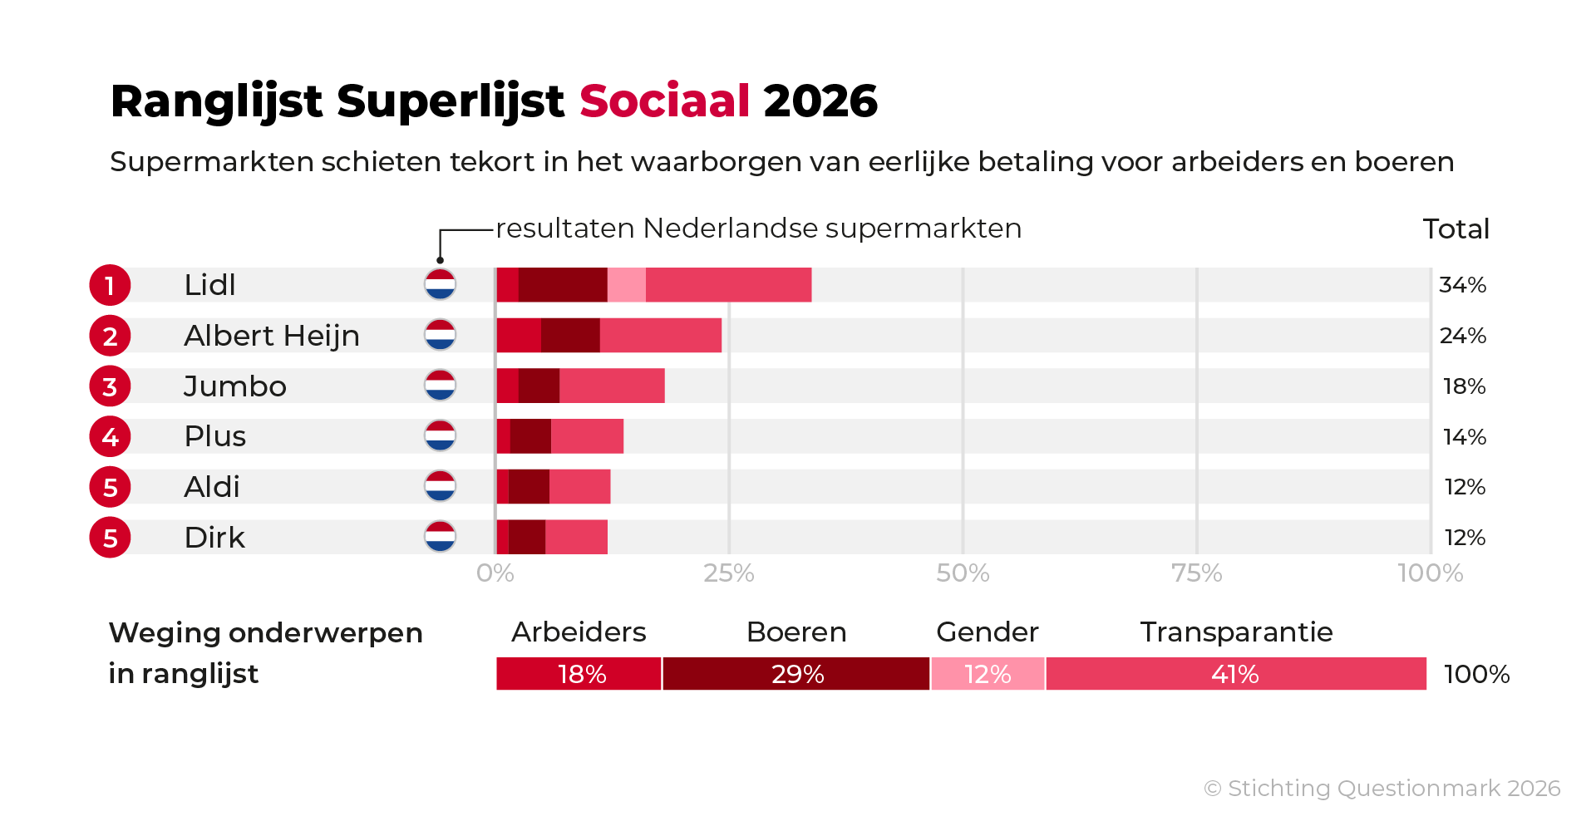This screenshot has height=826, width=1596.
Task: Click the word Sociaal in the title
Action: pos(664,101)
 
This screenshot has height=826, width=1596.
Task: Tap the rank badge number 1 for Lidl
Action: pos(110,286)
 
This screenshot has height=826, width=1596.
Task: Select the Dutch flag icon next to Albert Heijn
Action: pos(440,336)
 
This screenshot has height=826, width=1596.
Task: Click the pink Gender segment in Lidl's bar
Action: pos(626,285)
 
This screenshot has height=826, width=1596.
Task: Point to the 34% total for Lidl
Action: pos(1462,285)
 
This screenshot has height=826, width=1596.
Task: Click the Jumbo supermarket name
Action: pos(234,386)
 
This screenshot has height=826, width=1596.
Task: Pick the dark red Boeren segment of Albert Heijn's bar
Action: pos(570,336)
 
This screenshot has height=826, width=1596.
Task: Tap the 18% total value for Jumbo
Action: pos(1464,386)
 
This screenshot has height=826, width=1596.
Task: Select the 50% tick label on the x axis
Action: pos(963,573)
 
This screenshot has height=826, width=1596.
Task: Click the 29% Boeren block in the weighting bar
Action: pos(796,674)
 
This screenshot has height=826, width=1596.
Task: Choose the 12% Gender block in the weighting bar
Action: pos(988,674)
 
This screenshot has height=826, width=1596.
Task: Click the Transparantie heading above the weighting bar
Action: pos(1236,632)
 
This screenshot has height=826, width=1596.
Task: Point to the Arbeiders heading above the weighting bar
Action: pos(579,632)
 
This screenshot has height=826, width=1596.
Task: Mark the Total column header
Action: pos(1456,229)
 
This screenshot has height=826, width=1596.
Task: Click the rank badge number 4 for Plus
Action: pos(110,437)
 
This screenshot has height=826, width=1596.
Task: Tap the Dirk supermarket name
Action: pos(214,538)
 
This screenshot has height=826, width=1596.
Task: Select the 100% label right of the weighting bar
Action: pos(1476,674)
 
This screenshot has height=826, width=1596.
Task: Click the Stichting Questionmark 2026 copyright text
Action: pos(1382,789)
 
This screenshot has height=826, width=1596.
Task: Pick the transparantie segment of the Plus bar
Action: pos(587,437)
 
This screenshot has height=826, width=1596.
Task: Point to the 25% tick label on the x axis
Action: pos(728,573)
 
